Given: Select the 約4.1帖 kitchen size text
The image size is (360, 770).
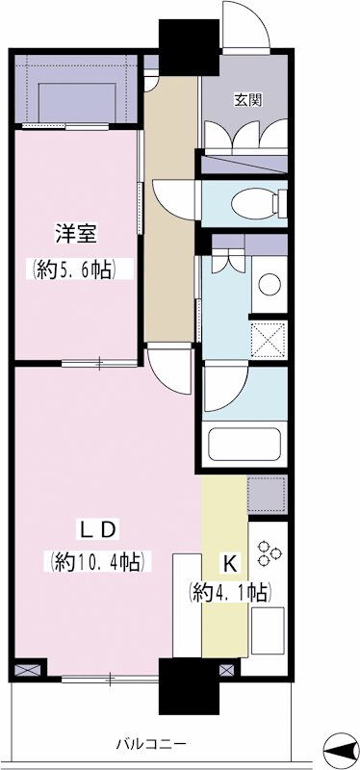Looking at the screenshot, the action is click(229, 593).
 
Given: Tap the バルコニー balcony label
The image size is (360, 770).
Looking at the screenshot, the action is click(151, 744).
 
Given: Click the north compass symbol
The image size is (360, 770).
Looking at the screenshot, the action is click(342, 749).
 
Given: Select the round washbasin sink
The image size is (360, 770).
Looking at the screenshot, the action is click(270, 284).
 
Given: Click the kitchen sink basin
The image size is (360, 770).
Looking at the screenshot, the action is click(268, 624).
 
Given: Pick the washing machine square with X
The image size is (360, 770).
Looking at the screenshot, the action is click(269, 339).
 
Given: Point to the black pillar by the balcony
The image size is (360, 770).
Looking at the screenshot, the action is click(188, 686).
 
